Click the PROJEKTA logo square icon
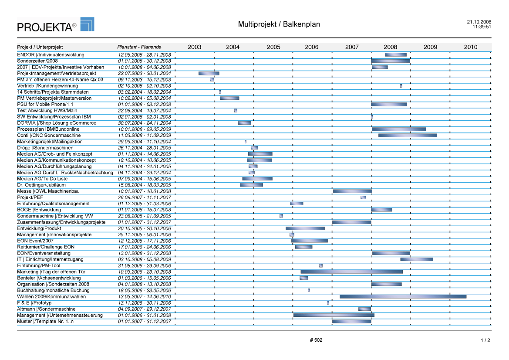pos(87,24)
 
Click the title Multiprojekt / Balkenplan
pos(279,24)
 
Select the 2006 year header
pos(311,47)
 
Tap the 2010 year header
pos(470,47)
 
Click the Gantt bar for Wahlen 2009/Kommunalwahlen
pos(403,297)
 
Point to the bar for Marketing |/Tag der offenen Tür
pos(351,272)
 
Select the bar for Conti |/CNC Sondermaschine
pos(408,136)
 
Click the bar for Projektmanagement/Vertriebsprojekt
pos(209,74)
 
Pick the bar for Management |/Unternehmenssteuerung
pos(334,315)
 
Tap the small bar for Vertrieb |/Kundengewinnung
pos(401,86)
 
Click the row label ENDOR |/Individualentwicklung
pos(51,55)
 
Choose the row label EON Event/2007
pos(35,241)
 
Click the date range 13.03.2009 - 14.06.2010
pos(145,297)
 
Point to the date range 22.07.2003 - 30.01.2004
pos(145,74)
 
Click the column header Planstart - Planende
pos(139,47)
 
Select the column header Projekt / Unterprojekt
pos(40,47)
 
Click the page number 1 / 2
pos(485,340)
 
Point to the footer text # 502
pos(316,340)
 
